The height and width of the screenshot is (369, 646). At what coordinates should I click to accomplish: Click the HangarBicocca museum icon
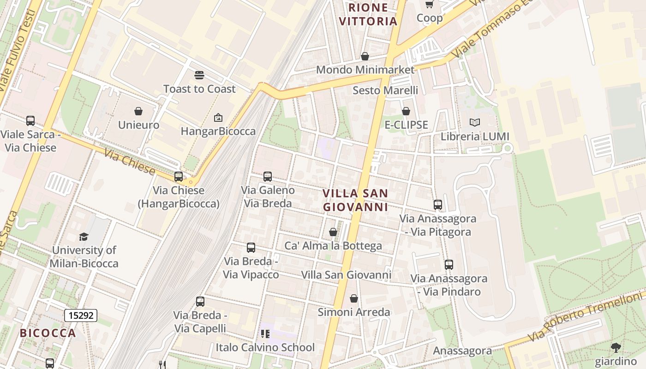[x=218, y=118]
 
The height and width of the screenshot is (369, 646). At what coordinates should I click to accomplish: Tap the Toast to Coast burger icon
[x=199, y=75]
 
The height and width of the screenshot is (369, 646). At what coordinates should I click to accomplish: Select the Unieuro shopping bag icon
[x=138, y=111]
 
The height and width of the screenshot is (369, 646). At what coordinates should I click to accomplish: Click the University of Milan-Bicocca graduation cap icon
[x=84, y=237]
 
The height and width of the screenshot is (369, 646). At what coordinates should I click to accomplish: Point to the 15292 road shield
[x=81, y=315]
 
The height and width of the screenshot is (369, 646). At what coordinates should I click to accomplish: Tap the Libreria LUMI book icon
[x=475, y=122]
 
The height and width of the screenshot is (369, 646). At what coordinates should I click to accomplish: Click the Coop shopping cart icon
[x=430, y=5]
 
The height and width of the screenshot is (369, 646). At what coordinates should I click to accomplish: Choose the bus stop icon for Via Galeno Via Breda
[x=268, y=176]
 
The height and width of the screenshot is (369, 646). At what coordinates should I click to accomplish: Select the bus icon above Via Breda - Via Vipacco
[x=251, y=248]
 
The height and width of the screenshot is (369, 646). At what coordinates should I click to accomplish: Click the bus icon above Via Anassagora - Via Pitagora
[x=438, y=205]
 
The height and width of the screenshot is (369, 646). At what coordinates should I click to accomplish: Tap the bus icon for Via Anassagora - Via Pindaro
[x=449, y=265]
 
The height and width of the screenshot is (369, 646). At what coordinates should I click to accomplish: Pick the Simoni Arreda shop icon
[x=354, y=298]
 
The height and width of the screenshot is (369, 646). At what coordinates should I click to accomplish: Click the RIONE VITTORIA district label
[x=368, y=14]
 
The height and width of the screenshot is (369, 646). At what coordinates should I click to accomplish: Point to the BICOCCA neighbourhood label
[x=48, y=333]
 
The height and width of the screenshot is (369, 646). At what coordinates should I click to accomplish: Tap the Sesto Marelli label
[x=385, y=90]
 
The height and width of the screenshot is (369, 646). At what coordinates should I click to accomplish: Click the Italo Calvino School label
[x=265, y=347]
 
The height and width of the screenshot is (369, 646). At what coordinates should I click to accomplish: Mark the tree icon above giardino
[x=616, y=347]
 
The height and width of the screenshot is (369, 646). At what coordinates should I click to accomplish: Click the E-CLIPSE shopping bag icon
[x=406, y=111]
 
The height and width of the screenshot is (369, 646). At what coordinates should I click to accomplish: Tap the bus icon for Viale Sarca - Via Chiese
[x=30, y=121]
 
